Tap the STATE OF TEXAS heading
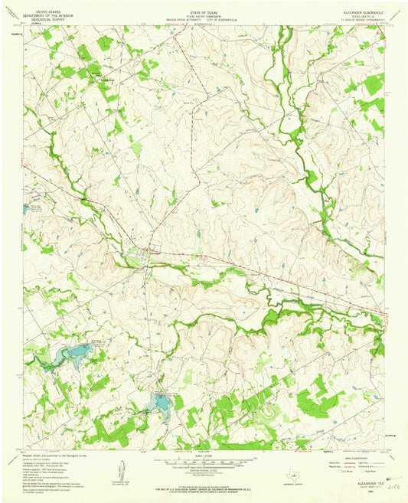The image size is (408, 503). tap(203, 11)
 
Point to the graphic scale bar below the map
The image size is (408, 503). tap(203, 464)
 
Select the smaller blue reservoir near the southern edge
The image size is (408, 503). tap(162, 401)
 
